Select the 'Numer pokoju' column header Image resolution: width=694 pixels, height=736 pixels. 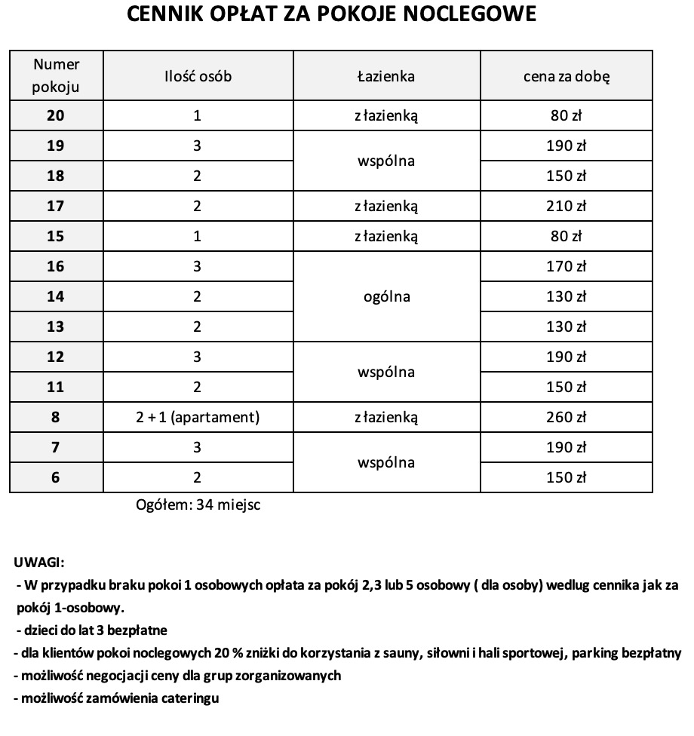[57, 76]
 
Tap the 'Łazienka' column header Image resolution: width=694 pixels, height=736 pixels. [385, 76]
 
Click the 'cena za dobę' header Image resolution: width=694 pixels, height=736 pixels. [567, 76]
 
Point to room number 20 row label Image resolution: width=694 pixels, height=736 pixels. [57, 116]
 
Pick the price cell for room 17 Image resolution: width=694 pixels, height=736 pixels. [567, 206]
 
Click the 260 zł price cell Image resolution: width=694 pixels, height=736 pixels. [567, 417]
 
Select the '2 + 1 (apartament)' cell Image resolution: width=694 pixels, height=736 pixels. [197, 417]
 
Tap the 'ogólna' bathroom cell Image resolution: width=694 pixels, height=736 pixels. [385, 296]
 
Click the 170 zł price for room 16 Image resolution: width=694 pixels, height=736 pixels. [567, 266]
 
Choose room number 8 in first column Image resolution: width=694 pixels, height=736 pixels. [57, 417]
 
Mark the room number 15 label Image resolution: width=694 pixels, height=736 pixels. [57, 236]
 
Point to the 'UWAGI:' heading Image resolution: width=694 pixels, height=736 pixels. [39, 562]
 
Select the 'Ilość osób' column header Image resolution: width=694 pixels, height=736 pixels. [197, 76]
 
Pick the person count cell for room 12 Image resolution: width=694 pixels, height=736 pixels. [197, 357]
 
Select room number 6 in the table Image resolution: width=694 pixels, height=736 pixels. [57, 477]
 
